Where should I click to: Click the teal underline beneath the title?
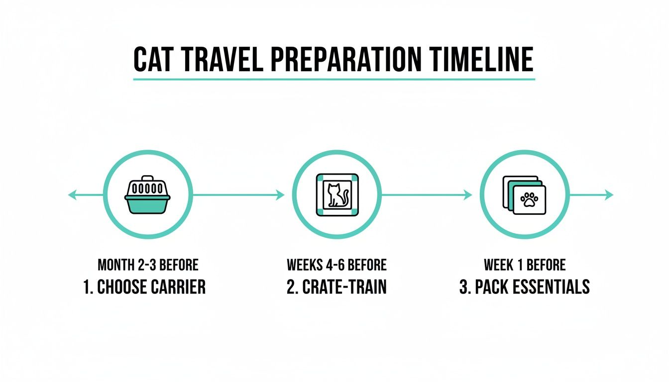(334, 79)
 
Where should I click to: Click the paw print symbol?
(529, 200)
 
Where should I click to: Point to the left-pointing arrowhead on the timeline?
(72, 195)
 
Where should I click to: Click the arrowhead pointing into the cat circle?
(280, 195)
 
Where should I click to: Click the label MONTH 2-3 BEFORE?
(148, 265)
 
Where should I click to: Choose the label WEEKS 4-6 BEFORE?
(336, 265)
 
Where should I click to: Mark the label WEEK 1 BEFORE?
(524, 265)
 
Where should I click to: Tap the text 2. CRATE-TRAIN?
(336, 287)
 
